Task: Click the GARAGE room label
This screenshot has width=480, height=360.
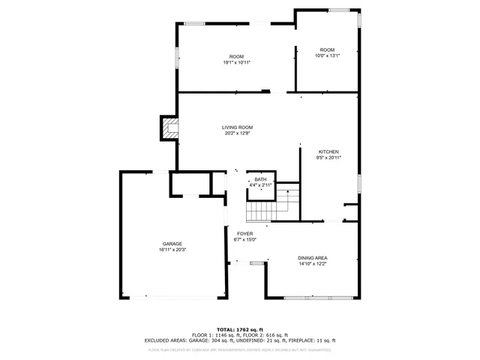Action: (172, 244)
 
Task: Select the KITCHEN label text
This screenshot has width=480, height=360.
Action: (328, 151)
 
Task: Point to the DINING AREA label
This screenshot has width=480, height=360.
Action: (313, 257)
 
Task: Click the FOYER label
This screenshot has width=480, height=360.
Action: (244, 234)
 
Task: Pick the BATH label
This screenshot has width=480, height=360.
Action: (260, 179)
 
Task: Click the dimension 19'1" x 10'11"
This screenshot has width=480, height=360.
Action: (237, 63)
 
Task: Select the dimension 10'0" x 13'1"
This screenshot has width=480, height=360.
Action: (328, 55)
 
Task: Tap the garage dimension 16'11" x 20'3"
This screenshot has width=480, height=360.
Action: (172, 250)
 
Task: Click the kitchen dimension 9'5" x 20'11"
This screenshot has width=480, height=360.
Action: (328, 157)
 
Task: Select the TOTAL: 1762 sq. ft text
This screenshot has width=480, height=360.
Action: (240, 329)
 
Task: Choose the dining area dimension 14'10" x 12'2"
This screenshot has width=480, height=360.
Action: (313, 263)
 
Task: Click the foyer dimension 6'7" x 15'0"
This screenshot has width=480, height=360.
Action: (244, 240)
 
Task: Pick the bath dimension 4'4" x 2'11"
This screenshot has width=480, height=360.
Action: (260, 184)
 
